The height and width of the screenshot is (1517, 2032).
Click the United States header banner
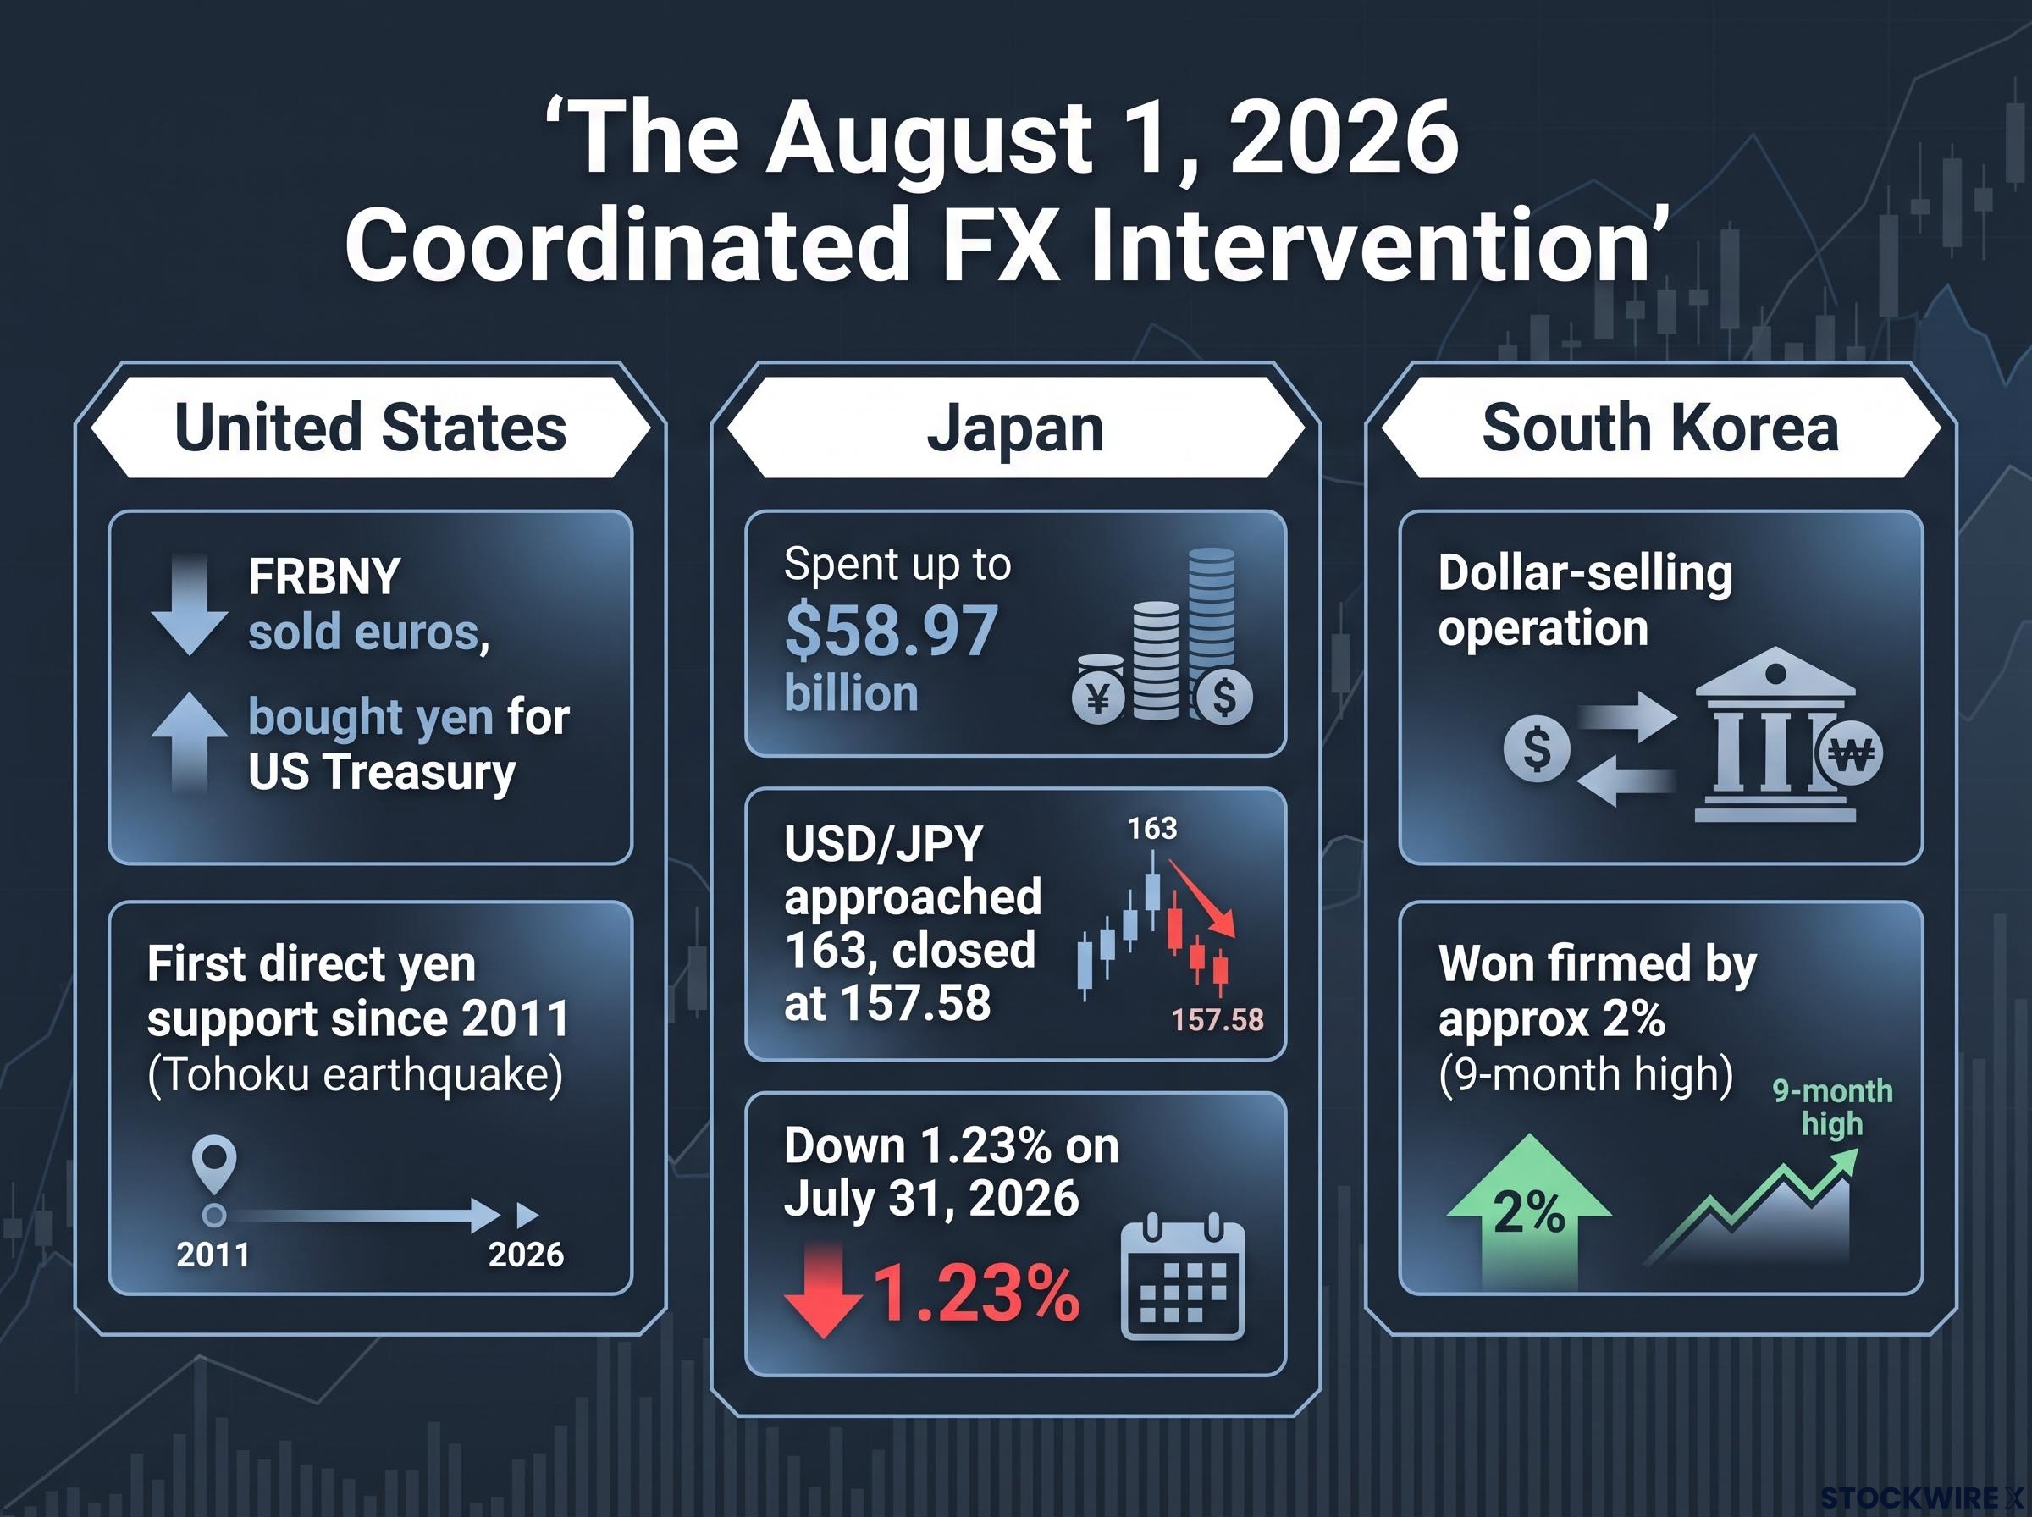[370, 427]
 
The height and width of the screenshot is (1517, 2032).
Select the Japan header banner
[1015, 427]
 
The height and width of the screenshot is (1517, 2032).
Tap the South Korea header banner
[1660, 427]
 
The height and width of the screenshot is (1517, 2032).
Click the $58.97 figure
[891, 632]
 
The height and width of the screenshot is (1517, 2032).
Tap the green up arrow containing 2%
[1529, 1211]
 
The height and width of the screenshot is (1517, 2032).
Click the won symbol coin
[1849, 755]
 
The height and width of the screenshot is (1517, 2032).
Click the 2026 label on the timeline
[526, 1255]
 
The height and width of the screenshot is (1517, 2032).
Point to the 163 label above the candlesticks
[1152, 828]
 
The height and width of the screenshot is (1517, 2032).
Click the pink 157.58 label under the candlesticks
[1218, 1019]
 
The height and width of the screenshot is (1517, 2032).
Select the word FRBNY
[324, 577]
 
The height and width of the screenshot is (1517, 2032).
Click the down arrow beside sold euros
[189, 604]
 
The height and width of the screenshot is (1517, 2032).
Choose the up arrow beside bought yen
[189, 741]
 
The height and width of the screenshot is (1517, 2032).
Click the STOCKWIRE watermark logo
[1922, 1498]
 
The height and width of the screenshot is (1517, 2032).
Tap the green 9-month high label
[1832, 1107]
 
